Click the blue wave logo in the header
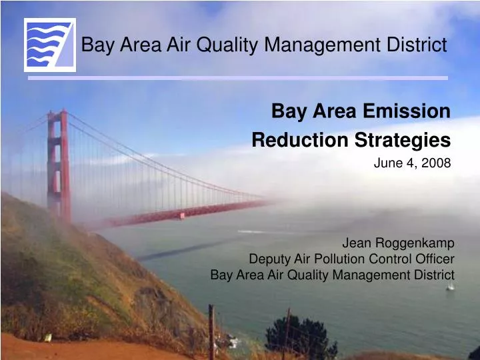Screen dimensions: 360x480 [x=50, y=44]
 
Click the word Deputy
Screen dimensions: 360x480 [x=268, y=259]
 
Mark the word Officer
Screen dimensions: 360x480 [x=435, y=259]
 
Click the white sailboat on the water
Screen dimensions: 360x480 [x=450, y=285]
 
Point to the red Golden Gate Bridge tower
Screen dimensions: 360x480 [x=59, y=167]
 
